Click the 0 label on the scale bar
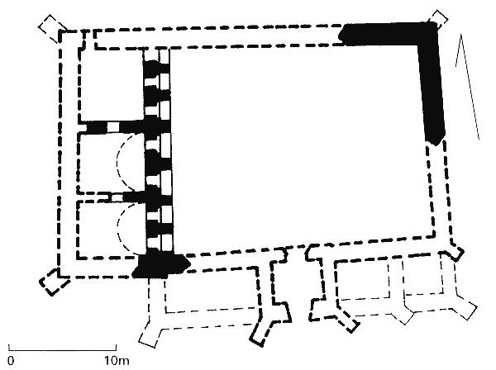tap(11, 361)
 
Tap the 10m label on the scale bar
tap(117, 361)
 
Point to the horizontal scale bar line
tap(62, 350)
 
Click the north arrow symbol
tap(467, 86)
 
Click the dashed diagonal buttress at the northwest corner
tap(52, 28)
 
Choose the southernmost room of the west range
tap(111, 229)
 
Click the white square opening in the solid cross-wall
tap(113, 126)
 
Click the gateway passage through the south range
tap(297, 284)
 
